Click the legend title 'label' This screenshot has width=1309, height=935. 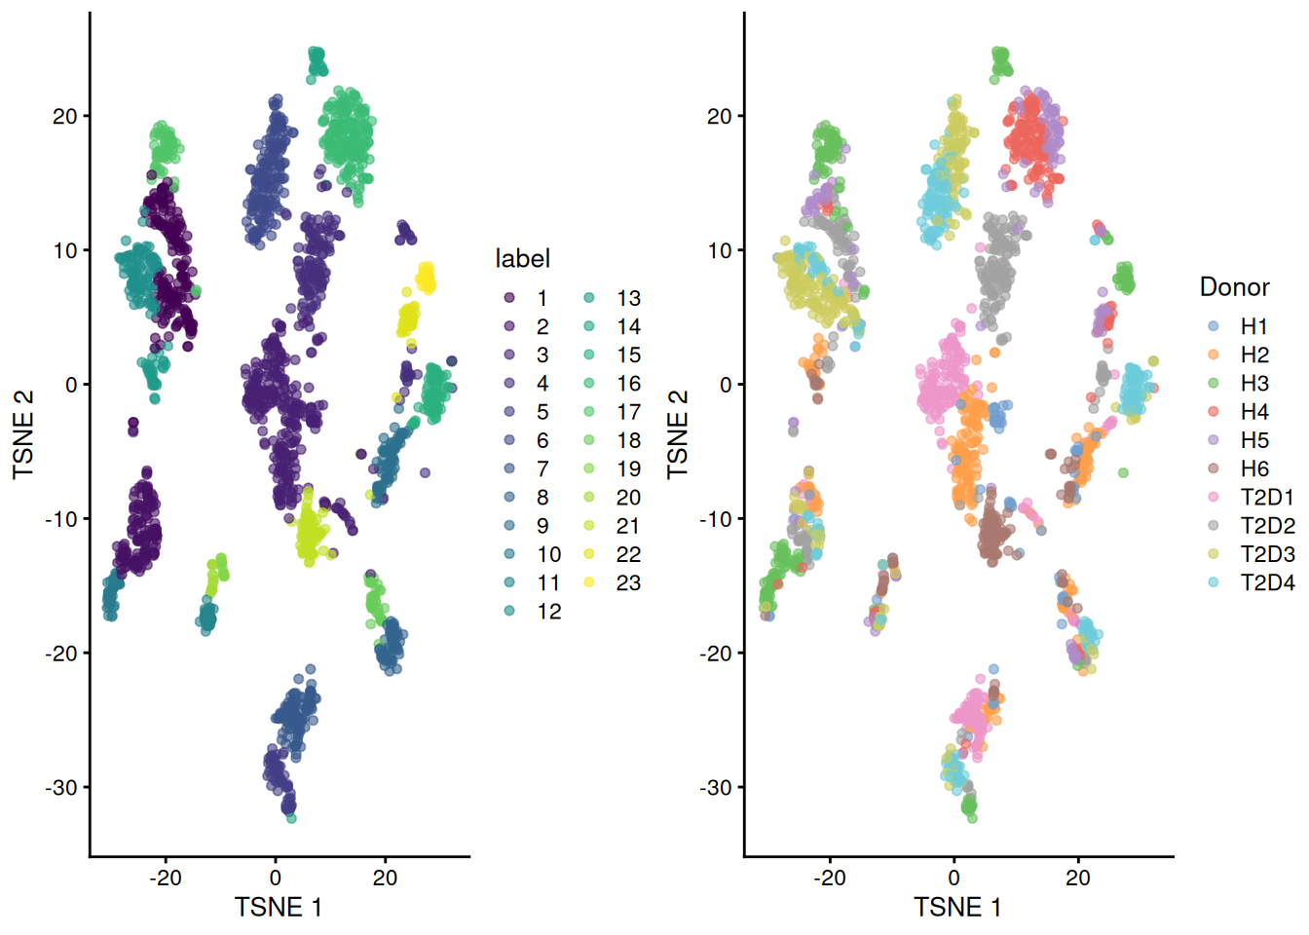[x=522, y=258]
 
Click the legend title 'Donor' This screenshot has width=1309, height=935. [x=1234, y=286]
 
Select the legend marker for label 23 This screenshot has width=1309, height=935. [x=590, y=582]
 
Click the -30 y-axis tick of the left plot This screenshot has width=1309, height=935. [x=60, y=787]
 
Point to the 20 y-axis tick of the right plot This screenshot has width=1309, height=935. [x=719, y=116]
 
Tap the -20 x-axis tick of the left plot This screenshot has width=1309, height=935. [x=165, y=878]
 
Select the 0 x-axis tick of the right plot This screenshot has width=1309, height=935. [x=954, y=878]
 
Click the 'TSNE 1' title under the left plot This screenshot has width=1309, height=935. [x=278, y=908]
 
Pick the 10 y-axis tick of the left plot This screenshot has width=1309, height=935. [x=64, y=250]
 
